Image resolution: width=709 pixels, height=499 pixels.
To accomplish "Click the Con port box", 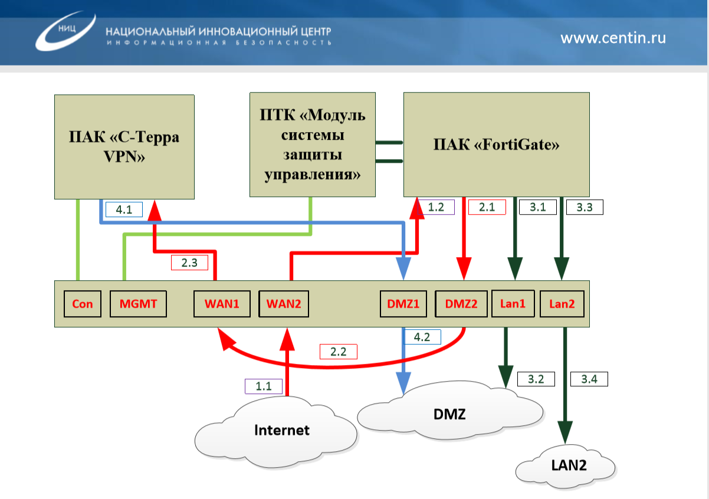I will (x=82, y=304).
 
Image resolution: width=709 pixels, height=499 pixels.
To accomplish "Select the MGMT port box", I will (x=139, y=304).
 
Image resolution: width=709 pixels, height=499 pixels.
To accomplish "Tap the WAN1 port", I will (x=222, y=304).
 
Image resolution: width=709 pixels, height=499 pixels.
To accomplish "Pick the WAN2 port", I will (x=284, y=304).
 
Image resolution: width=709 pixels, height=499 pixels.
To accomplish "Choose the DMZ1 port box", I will (x=403, y=304).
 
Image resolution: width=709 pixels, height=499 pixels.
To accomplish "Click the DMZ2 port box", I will (x=461, y=304).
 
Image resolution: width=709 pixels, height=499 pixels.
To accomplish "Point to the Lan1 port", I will (x=513, y=304).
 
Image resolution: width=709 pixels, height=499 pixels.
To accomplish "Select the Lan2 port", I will (x=562, y=304).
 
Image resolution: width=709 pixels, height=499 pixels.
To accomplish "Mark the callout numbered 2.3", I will (x=189, y=263).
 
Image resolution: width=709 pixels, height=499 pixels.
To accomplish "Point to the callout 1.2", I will (x=436, y=207).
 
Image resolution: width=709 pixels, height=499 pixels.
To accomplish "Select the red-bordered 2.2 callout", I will (x=339, y=352).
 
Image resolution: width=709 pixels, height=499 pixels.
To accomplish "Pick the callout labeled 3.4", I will (x=589, y=379).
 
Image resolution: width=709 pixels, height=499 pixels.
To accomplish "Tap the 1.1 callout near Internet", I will (x=264, y=386).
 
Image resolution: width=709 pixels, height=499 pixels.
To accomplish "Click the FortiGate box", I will (x=496, y=144).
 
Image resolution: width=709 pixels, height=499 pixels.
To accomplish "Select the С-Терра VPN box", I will (x=124, y=146).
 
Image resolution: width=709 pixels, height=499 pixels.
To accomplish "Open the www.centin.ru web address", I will (x=613, y=38).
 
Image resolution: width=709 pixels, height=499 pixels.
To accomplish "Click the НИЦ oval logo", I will (x=65, y=29).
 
